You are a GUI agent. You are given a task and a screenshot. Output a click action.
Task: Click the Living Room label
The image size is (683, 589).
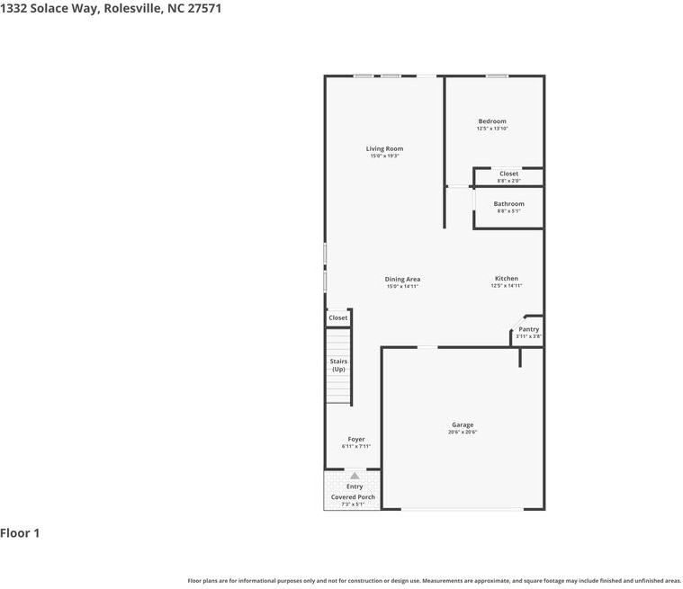(x=384, y=148)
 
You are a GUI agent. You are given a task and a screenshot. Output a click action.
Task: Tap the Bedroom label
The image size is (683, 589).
(x=491, y=121)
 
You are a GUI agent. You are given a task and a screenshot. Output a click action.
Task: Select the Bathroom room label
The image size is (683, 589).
(x=508, y=204)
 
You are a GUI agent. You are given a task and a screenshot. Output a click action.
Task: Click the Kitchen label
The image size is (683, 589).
(x=506, y=279)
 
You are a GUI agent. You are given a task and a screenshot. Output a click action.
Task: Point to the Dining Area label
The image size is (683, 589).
(x=402, y=280)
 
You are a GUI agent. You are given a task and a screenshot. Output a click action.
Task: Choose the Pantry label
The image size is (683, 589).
(x=528, y=329)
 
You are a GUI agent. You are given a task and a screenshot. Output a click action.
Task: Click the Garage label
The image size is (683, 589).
(x=463, y=425)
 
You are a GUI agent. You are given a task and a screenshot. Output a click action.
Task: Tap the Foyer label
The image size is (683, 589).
(x=355, y=439)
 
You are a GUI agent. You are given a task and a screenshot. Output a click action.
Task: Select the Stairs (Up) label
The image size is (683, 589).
(x=338, y=365)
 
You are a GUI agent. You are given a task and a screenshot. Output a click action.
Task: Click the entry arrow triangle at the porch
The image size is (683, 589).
(x=355, y=476)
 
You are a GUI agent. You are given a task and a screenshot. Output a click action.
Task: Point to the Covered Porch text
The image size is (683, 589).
(x=354, y=496)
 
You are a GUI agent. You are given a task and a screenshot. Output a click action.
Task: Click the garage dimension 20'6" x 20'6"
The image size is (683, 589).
(x=463, y=433)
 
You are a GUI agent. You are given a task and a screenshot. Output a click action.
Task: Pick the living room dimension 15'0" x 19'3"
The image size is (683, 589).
(x=384, y=156)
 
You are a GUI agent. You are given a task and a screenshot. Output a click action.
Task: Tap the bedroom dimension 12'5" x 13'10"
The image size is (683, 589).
(x=492, y=129)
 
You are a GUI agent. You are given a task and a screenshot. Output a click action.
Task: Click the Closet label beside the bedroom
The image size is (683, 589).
(x=508, y=174)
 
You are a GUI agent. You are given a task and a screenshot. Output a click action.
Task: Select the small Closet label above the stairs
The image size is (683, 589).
(x=337, y=317)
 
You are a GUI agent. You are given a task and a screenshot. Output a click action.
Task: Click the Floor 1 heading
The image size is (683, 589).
(x=20, y=533)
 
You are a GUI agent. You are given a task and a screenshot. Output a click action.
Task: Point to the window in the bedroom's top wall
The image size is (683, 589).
(x=497, y=76)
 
